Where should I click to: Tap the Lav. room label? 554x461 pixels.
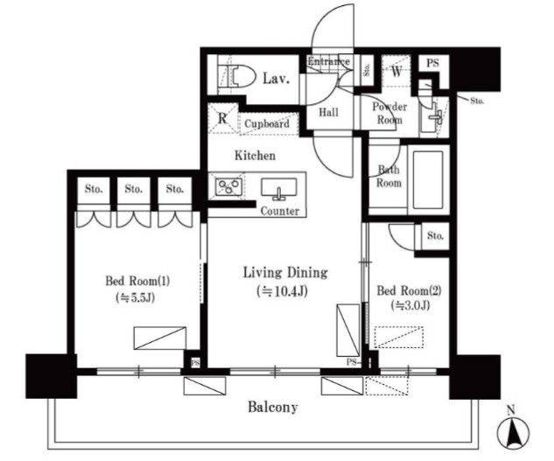[x=276, y=79]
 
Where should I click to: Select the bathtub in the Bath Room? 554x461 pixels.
[x=427, y=180]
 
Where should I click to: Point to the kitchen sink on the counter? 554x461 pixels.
[x=279, y=189]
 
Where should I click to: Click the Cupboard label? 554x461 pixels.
[x=267, y=123]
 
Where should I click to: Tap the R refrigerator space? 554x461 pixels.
[x=222, y=118]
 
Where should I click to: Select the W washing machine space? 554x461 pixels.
[x=396, y=72]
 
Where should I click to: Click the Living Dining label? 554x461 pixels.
[x=285, y=273]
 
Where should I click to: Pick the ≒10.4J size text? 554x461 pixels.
[x=283, y=291]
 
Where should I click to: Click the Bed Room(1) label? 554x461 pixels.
[x=137, y=281]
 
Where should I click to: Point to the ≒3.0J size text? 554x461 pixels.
[x=410, y=305]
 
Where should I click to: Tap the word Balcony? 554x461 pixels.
[x=273, y=408]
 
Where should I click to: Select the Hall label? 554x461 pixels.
[x=328, y=113]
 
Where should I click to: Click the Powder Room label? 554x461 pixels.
[x=389, y=113]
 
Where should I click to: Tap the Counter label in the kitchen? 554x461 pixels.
[x=280, y=211]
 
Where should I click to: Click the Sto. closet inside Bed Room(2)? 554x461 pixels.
[x=435, y=236]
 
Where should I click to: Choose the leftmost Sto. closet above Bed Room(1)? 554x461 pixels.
[x=94, y=190]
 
